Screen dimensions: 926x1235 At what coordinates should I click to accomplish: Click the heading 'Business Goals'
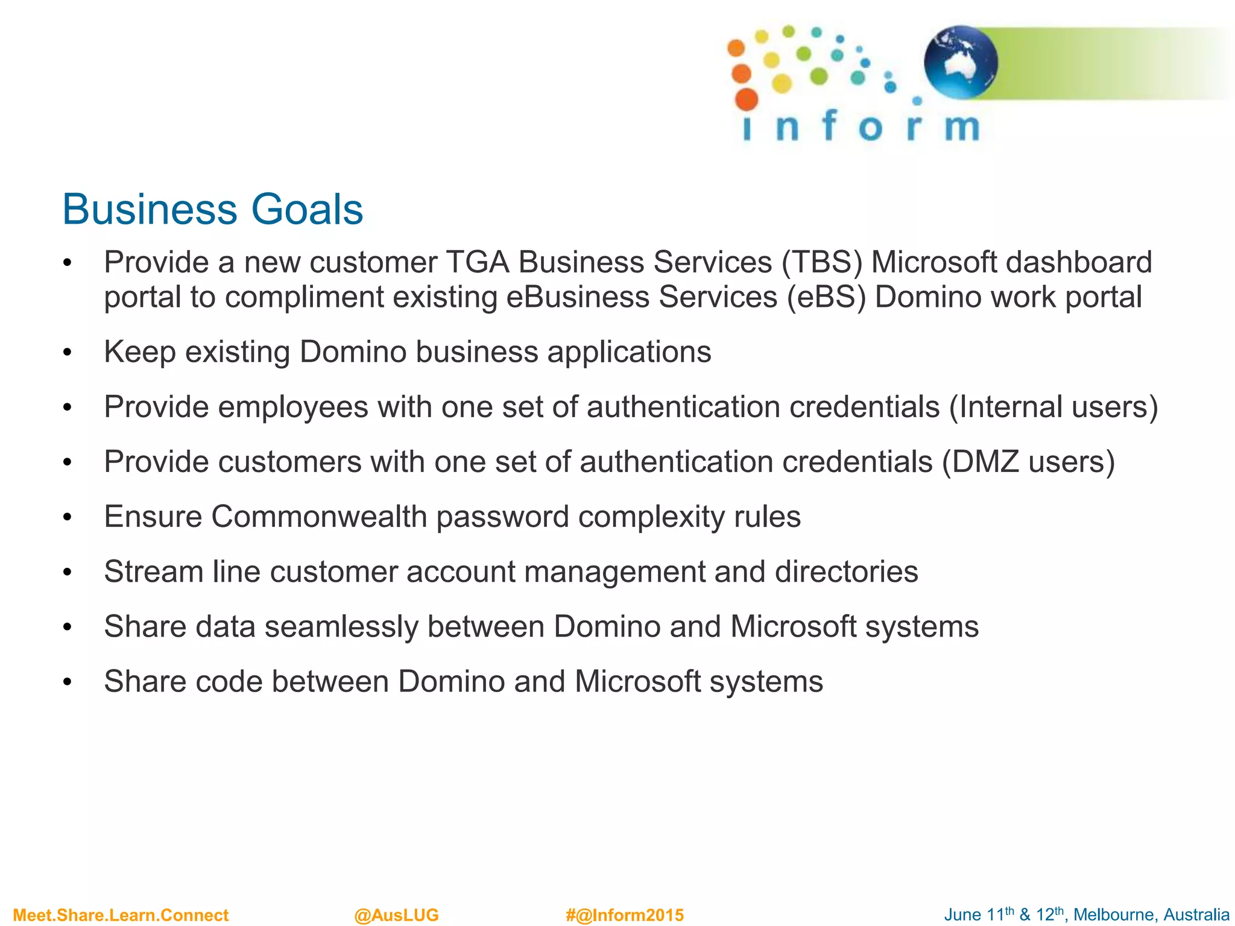pos(212,209)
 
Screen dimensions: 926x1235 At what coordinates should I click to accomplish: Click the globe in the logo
pos(961,62)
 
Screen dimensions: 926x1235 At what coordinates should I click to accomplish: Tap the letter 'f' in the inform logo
pos(830,126)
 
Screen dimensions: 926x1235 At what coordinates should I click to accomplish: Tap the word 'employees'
pos(292,407)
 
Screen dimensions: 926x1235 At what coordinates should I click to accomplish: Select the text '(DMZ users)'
pos(1028,462)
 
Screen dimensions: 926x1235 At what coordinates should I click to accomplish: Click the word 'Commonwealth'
pos(319,517)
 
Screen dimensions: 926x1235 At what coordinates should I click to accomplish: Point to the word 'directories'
pos(846,572)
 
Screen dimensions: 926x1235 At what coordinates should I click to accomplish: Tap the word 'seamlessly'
pos(341,626)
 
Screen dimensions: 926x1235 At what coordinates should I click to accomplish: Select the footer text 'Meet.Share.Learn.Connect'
pos(121,915)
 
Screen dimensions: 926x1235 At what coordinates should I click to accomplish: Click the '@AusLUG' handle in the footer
pos(396,915)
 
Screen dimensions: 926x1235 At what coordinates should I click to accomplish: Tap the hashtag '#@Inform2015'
pos(625,915)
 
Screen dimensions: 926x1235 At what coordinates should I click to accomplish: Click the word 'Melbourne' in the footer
pos(1113,915)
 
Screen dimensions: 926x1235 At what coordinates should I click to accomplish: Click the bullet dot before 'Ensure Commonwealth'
pos(68,518)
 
